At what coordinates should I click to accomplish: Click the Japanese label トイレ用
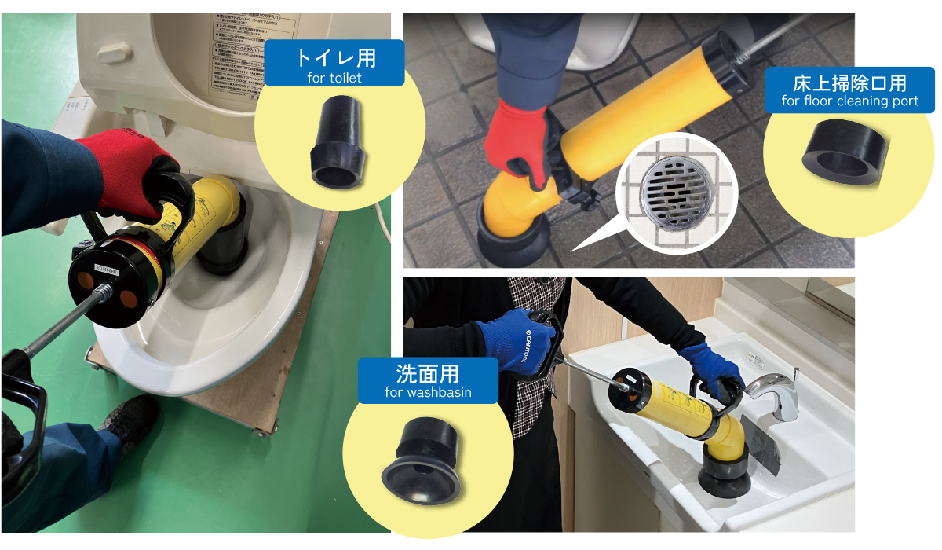(334, 57)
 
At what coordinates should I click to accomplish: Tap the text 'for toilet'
(334, 78)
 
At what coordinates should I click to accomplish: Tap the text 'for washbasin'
(428, 393)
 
